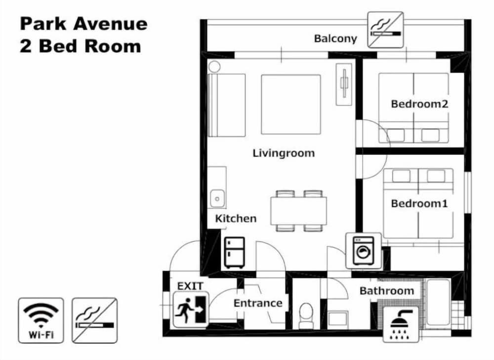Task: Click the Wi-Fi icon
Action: tap(41, 320)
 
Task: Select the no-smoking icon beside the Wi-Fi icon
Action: tap(94, 320)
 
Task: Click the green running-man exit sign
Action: tap(191, 309)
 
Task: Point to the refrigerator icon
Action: tap(234, 252)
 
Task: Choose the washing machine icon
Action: tap(363, 250)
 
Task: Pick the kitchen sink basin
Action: tap(217, 198)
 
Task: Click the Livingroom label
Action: tap(284, 153)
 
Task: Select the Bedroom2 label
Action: tap(419, 104)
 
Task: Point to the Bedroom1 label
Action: tap(419, 203)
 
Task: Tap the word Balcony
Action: tap(335, 39)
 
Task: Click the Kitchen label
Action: tap(236, 218)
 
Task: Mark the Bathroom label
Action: tap(386, 291)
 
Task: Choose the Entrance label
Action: tap(258, 303)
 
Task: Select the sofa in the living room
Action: tap(227, 105)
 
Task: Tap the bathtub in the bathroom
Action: tap(438, 302)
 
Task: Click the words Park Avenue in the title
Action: tap(83, 24)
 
